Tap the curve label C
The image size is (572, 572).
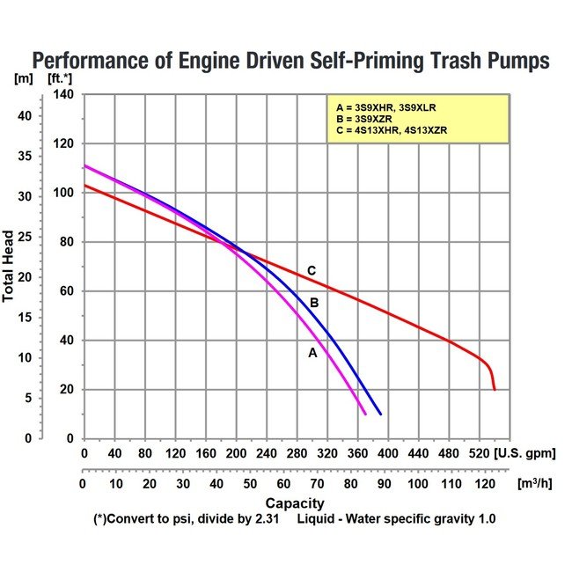[x=311, y=270]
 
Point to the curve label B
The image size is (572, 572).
[x=312, y=304]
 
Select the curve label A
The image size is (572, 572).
[x=312, y=352]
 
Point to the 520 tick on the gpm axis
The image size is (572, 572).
[x=480, y=453]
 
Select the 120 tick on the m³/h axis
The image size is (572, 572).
[x=481, y=485]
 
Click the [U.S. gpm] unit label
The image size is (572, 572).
[x=526, y=453]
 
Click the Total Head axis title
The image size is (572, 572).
[x=9, y=267]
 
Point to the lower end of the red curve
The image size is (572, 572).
[x=495, y=389]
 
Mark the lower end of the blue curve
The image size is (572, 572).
[x=380, y=414]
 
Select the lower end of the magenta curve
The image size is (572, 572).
[x=365, y=414]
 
